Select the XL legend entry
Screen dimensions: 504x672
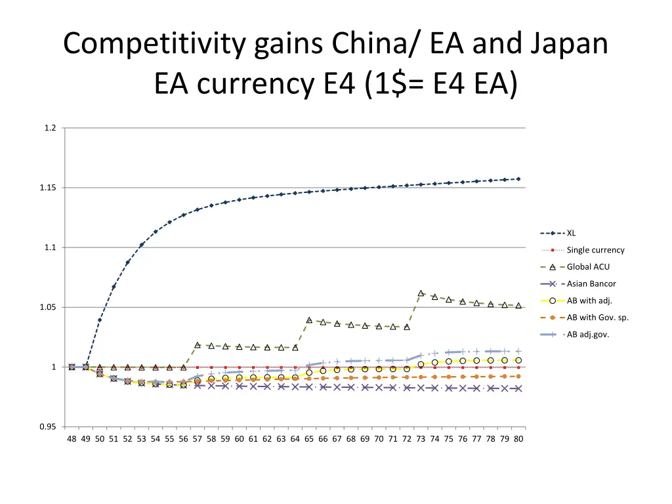click(x=571, y=233)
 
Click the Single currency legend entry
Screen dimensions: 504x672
click(x=595, y=250)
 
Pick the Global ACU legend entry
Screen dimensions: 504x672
click(x=588, y=267)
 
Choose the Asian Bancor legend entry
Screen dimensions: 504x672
click(x=591, y=284)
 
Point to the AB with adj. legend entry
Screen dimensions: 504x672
click(x=589, y=301)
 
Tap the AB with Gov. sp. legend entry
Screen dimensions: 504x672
click(x=598, y=318)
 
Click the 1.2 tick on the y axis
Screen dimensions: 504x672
click(x=51, y=128)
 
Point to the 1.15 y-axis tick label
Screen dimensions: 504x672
click(x=49, y=188)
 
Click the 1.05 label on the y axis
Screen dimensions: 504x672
click(x=49, y=308)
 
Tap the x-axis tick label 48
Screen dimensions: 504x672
click(x=72, y=439)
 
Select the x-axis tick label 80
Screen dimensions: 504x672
click(x=518, y=439)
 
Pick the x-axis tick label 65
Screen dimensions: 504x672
click(x=309, y=439)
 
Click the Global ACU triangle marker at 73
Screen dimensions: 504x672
click(x=421, y=293)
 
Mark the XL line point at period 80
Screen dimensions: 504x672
click(x=518, y=178)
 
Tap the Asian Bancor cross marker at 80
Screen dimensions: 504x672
click(x=518, y=388)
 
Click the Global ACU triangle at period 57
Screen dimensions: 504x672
click(x=198, y=345)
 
